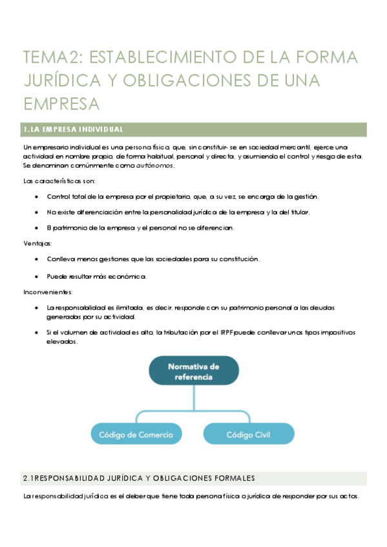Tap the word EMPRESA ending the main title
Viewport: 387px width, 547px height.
[61, 103]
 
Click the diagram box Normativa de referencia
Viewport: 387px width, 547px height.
[193, 372]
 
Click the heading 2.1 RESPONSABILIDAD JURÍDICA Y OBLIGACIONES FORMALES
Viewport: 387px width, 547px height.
[138, 478]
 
